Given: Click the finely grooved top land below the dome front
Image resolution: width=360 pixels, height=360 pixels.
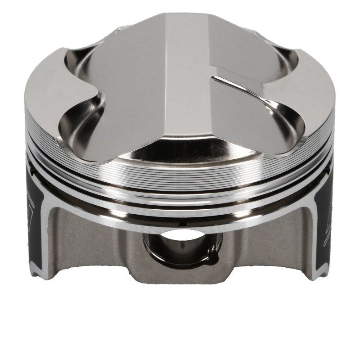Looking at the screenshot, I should [180, 180].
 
